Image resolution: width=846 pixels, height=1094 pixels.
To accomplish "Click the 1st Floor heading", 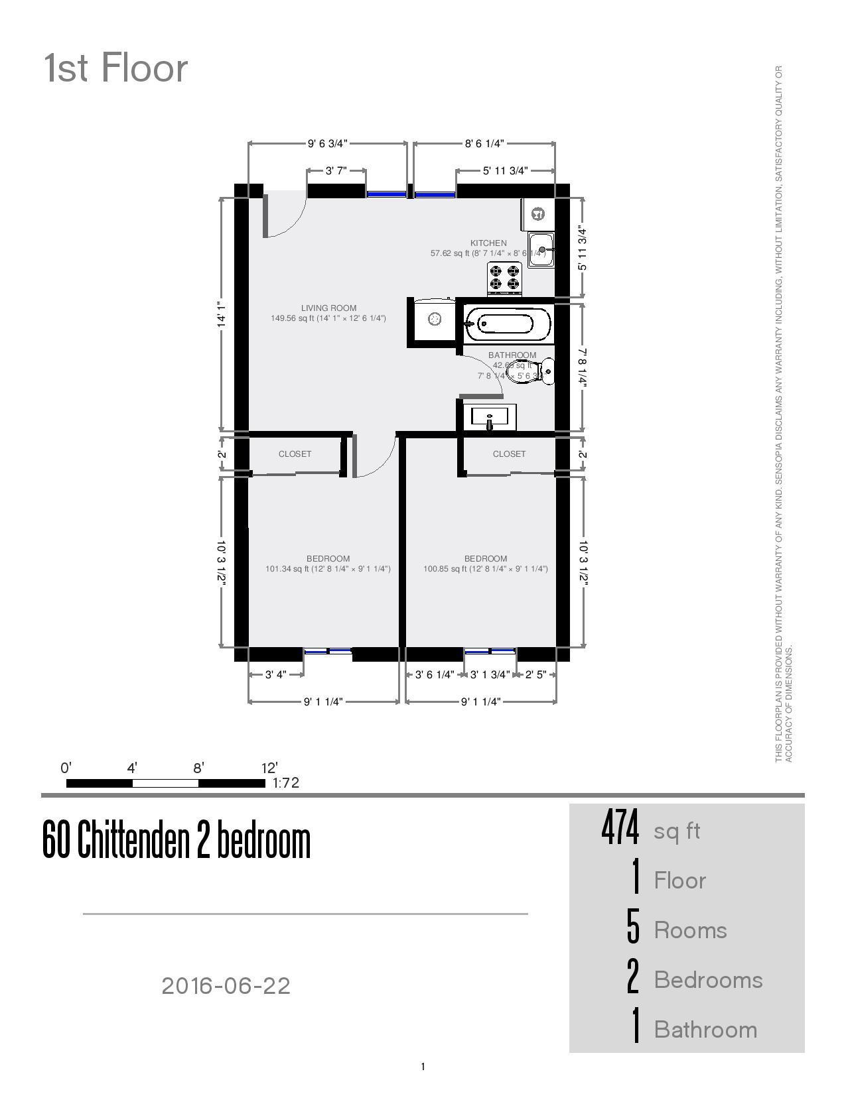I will point(116,68).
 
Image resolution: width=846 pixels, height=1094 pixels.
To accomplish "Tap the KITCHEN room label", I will point(488,243).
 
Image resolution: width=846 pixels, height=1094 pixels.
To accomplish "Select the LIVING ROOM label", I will point(328,308).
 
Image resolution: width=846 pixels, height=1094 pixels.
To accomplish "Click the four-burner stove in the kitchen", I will point(505,278).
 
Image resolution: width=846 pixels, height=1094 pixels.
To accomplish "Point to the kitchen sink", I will point(541,249).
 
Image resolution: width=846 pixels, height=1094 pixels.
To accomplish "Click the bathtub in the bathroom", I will point(508,324).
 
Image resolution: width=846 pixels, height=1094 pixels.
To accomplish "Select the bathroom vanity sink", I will point(490,417).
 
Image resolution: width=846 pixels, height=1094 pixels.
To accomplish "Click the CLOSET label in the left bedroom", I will point(295,454).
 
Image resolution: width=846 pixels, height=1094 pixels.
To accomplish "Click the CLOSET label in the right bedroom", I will point(509,454).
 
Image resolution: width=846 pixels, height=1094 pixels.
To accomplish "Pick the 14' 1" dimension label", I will point(222,315).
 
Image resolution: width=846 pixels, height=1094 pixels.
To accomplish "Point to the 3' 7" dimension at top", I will point(336,171).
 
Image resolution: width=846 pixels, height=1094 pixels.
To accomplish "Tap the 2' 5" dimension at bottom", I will point(535,675).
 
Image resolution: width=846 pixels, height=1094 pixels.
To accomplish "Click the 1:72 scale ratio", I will point(286,783).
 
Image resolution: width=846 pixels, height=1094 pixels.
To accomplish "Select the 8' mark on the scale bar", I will point(198,768).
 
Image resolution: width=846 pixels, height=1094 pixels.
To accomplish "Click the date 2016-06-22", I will point(226,986).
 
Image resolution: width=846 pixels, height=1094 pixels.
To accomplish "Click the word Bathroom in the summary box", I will point(705,1030).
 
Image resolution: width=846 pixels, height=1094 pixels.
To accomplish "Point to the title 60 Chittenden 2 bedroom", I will point(176,840).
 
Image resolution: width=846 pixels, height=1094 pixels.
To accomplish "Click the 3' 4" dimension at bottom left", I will point(275,675).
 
